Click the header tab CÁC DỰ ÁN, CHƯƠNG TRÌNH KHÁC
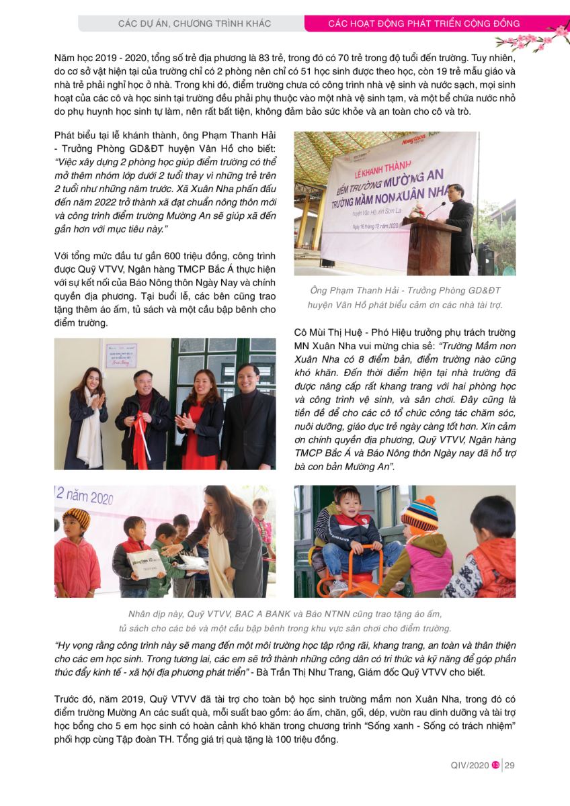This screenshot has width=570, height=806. pyautogui.click(x=194, y=24)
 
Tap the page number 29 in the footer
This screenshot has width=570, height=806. pyautogui.click(x=510, y=766)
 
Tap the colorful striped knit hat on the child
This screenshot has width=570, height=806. pyautogui.click(x=419, y=515)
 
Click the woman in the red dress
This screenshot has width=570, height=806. pyautogui.click(x=200, y=416)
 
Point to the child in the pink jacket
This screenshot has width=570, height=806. pyautogui.click(x=76, y=557)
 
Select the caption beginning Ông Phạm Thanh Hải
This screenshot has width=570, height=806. pyautogui.click(x=405, y=297)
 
